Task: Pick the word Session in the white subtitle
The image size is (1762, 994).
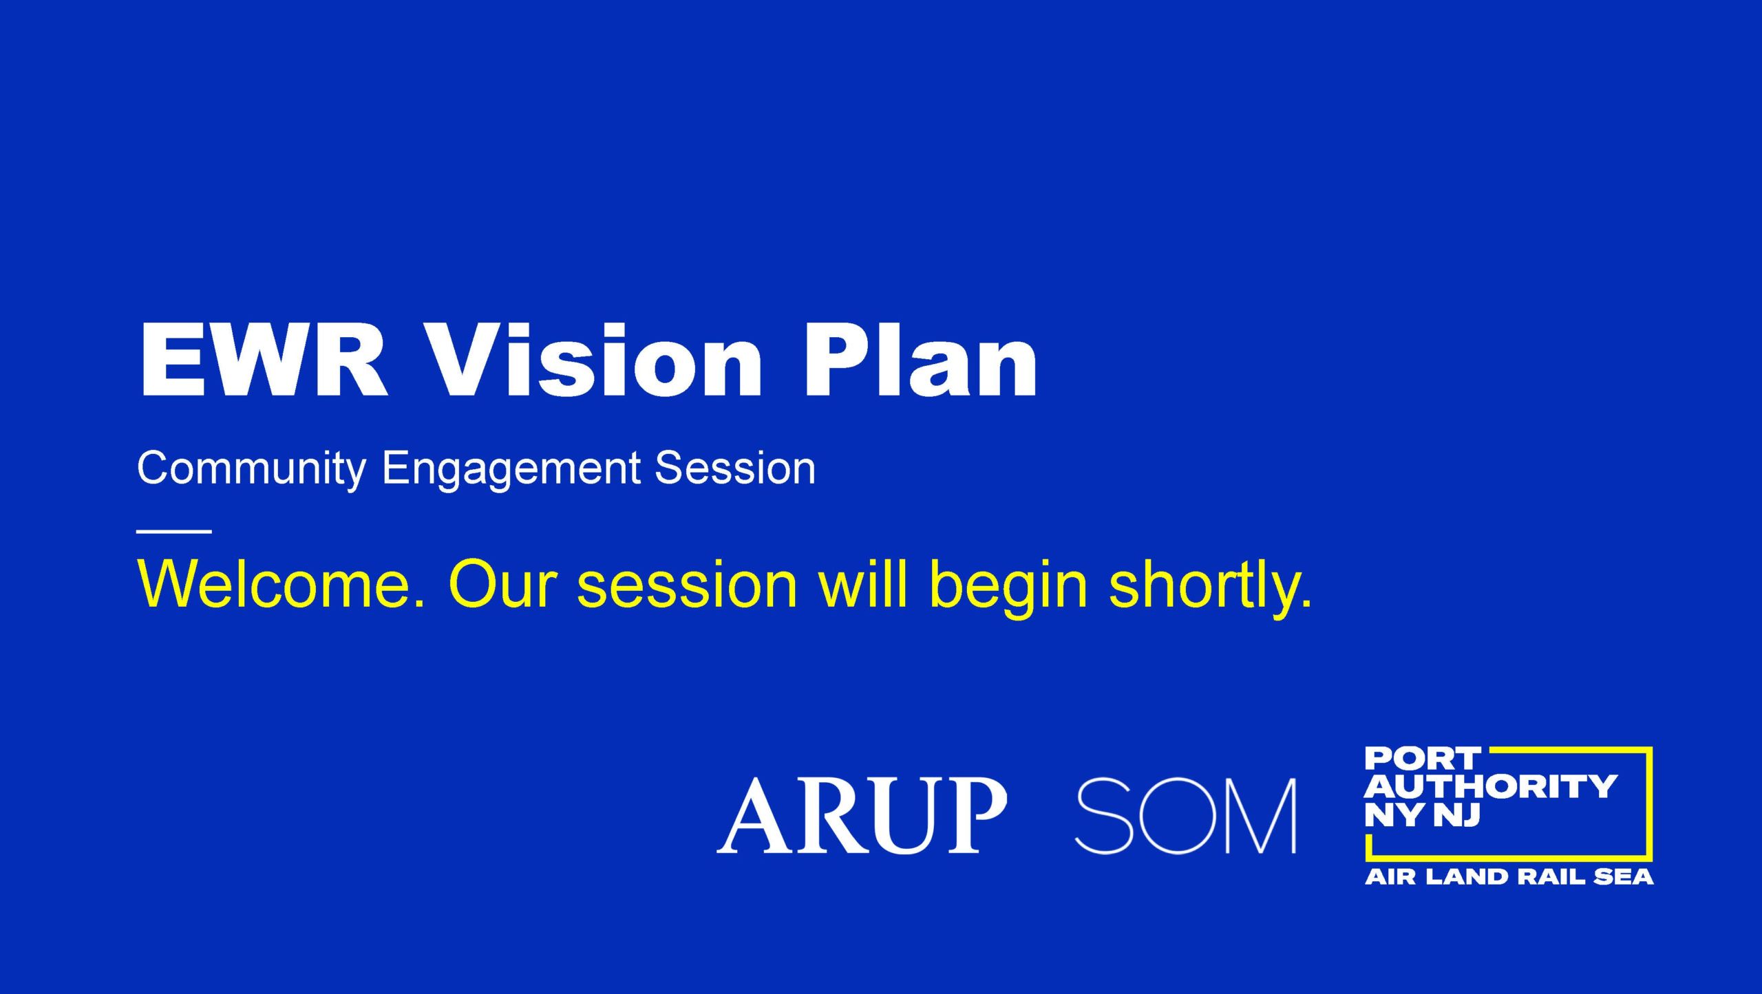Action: coord(735,468)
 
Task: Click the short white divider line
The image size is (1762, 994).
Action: coord(174,531)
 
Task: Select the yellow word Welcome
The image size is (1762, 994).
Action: coord(282,584)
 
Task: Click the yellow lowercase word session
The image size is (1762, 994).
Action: coord(687,584)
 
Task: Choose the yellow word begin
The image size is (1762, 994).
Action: coord(1008,588)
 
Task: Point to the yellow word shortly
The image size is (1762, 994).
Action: coord(1211,588)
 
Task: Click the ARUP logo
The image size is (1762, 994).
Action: coord(862,816)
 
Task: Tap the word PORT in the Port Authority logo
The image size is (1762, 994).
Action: coord(1422,759)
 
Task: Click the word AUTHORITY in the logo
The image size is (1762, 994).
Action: coord(1491,787)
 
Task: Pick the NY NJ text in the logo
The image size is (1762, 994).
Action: coord(1422,814)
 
